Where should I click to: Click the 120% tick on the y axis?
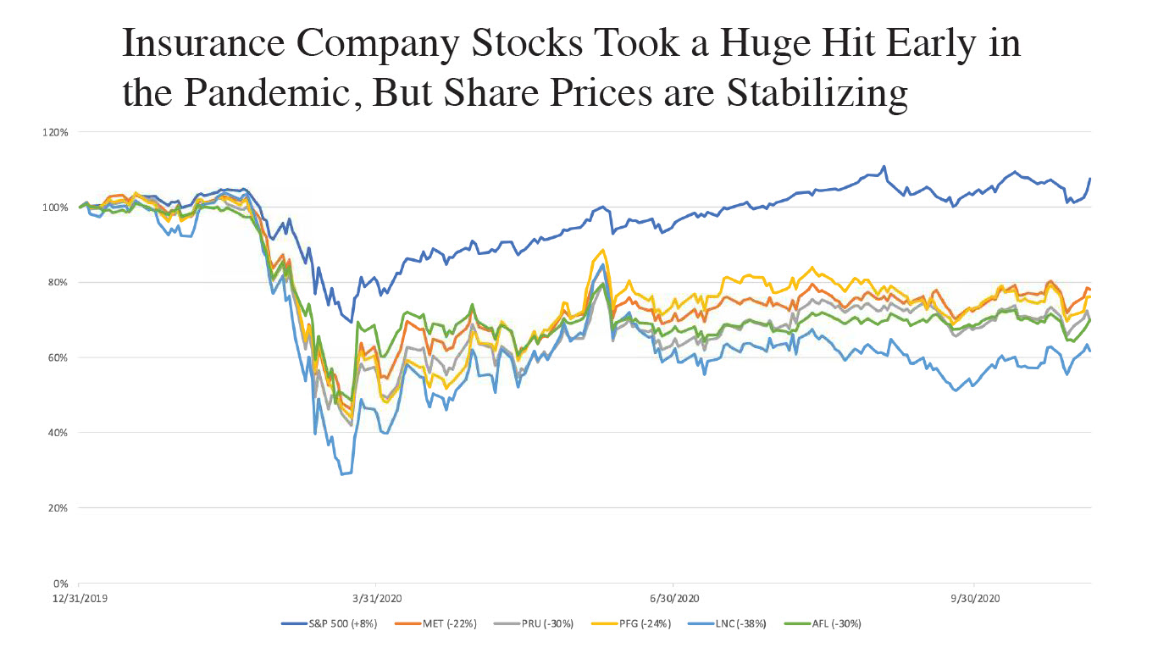pyautogui.click(x=57, y=132)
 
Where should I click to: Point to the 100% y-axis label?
pyautogui.click(x=57, y=207)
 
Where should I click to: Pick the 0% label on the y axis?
pyautogui.click(x=62, y=584)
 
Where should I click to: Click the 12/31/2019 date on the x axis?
pyautogui.click(x=79, y=597)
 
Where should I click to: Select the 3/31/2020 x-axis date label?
pyautogui.click(x=376, y=597)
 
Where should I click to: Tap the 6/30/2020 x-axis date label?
pyautogui.click(x=673, y=597)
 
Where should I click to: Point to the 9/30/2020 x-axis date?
pyautogui.click(x=974, y=597)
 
